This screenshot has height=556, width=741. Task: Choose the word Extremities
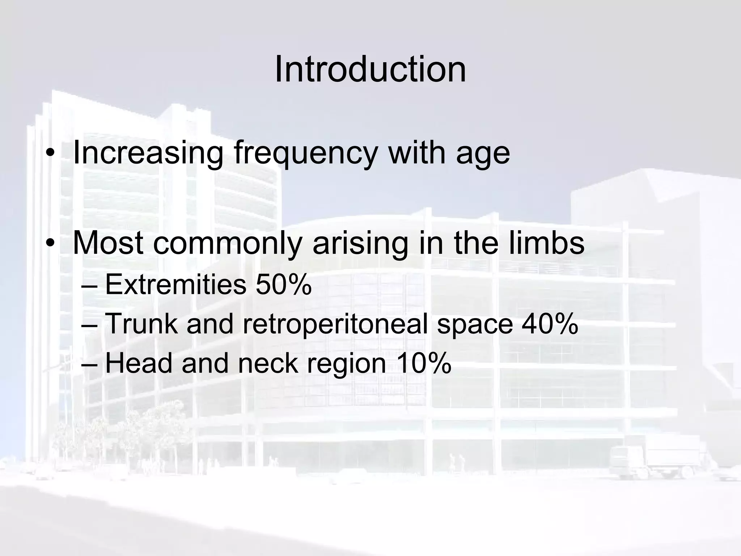click(x=175, y=285)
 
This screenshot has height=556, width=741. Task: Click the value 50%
click(x=283, y=285)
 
